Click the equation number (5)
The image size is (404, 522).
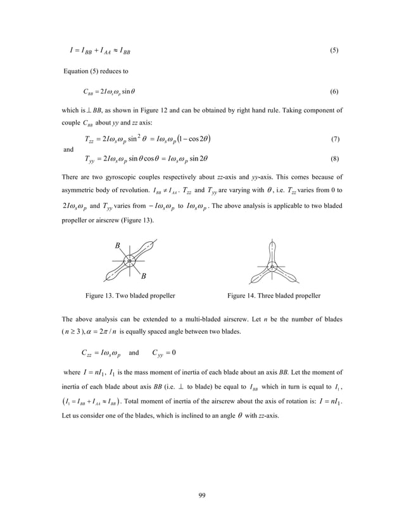[333, 51]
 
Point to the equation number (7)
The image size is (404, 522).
[333, 138]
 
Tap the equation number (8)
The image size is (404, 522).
[333, 159]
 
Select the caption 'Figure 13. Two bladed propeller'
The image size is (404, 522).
[131, 295]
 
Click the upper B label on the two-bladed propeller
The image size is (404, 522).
[118, 246]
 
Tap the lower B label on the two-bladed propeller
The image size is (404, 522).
[143, 276]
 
